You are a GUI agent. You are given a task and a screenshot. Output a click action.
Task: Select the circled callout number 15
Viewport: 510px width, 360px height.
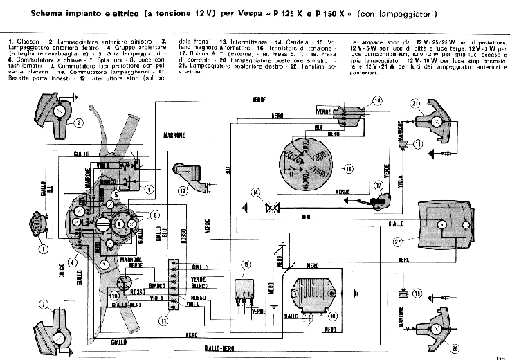(348, 168)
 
